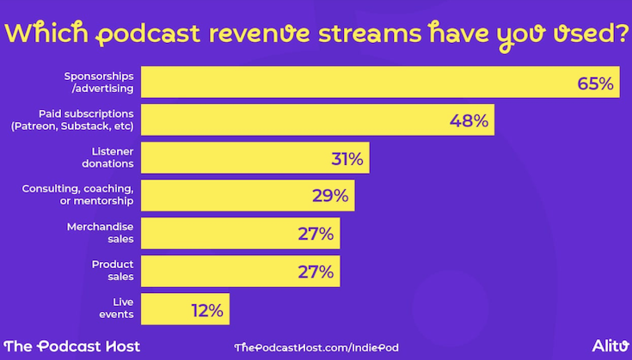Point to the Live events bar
pos(163,309)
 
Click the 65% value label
pos(595,83)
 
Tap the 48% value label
pos(469,121)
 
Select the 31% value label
pos(348,159)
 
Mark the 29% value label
pos(330,196)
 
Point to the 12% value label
pos(206,309)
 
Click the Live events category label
pos(116,308)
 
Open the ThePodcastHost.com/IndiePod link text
pos(316,346)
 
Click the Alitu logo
pos(609,345)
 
